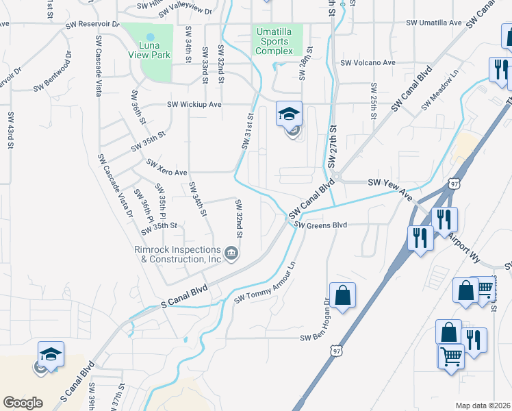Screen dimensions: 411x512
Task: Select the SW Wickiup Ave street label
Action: pos(195,105)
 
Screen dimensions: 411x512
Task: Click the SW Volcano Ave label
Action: pos(368,62)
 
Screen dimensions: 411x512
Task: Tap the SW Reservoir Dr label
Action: pos(92,23)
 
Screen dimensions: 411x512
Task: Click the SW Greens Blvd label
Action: pos(320,225)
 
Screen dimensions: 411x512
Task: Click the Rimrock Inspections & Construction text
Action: pos(177,255)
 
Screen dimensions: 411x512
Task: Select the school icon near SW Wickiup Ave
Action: pos(289,114)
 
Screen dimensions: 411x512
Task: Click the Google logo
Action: pos(23,403)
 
